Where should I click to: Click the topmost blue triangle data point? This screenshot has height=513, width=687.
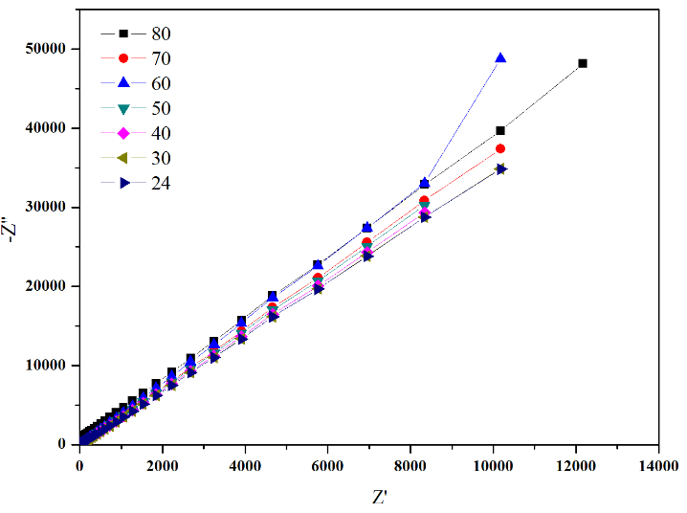[499, 58]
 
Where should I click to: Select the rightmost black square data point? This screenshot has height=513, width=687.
[583, 63]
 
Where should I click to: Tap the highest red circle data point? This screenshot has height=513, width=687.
[500, 148]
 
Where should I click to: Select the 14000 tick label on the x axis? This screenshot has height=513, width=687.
[658, 464]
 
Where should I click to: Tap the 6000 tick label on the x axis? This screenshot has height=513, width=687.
[327, 464]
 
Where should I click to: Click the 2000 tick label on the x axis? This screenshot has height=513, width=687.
[163, 464]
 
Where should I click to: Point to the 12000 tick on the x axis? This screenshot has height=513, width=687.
[576, 464]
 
